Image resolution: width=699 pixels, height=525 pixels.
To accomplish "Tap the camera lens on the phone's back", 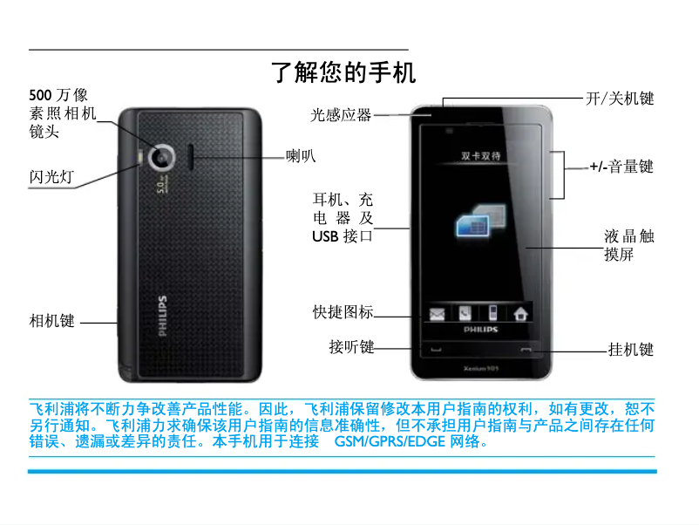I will point(161,157).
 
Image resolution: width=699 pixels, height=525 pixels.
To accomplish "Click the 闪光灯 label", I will point(51,178).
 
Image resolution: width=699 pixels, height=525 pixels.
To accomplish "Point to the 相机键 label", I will point(52,321).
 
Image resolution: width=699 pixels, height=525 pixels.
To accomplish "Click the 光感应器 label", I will point(342,114).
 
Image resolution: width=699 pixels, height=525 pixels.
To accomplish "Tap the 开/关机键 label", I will point(620,99).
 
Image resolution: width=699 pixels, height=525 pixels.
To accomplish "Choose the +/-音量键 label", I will point(621,166).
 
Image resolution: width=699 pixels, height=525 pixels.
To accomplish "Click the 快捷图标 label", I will point(343,312).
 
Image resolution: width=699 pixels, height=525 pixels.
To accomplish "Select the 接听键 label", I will point(351,347).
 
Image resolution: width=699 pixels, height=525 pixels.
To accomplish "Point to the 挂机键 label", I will point(631,351).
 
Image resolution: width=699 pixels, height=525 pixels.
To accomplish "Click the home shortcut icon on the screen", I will point(520,313).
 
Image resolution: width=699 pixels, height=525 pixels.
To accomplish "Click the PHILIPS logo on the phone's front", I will point(481,331).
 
